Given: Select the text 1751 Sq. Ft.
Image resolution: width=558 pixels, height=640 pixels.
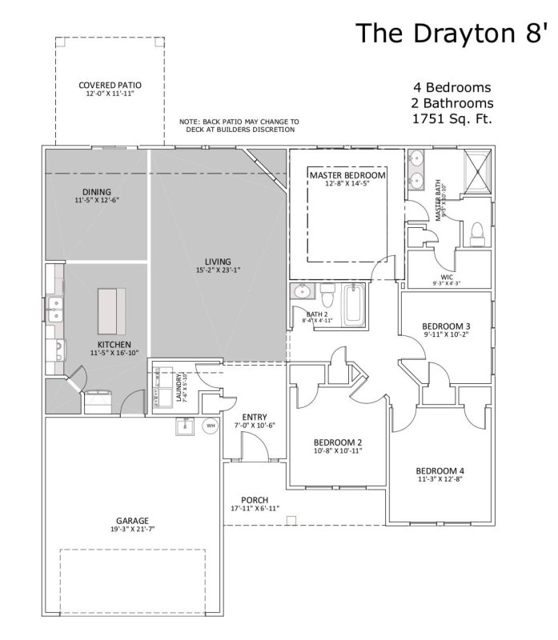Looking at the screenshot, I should pos(452,119).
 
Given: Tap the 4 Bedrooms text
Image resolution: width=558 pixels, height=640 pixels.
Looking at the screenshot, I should pos(452,87).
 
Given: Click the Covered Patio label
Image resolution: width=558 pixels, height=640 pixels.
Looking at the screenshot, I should pos(110,89).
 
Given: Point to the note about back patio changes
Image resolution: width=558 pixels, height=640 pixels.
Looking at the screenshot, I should pos(239,126).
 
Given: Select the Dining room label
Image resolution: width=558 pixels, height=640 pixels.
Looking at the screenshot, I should pos(96,195).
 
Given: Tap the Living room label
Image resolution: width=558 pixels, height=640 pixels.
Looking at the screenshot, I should pos(218,266).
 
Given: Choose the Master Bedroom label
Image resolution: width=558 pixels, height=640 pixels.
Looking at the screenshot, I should pos(347,178).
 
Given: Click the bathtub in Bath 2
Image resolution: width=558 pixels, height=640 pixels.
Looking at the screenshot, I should pos(353,304).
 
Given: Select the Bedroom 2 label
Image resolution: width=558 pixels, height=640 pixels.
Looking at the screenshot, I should pos(338,446).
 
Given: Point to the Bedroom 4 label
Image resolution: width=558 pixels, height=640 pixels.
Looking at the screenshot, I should pos(440,474).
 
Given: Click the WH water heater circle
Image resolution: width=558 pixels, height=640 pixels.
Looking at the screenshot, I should pos(211,426).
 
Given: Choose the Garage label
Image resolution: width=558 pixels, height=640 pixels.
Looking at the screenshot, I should pos(132,525).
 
